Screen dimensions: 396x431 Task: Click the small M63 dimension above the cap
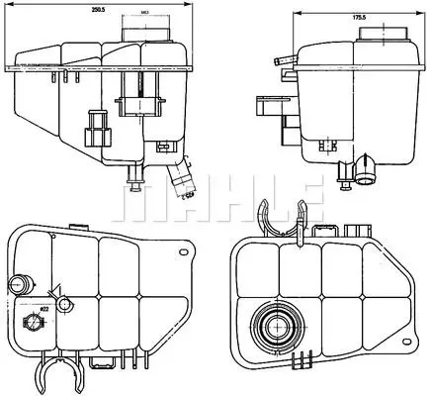145,14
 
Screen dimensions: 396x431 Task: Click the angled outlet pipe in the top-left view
179,177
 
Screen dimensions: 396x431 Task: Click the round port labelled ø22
62,304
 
